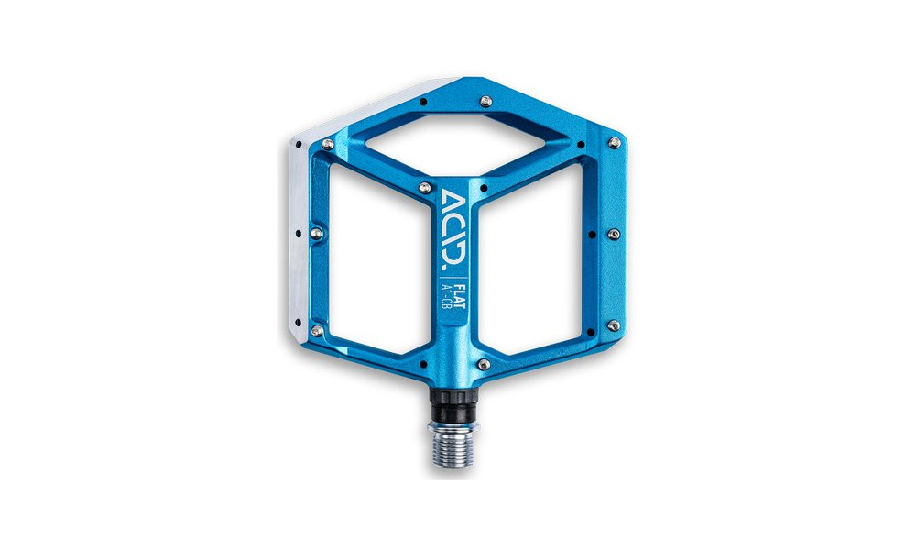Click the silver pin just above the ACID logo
click(x=424, y=187)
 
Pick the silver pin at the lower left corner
click(x=316, y=329)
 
